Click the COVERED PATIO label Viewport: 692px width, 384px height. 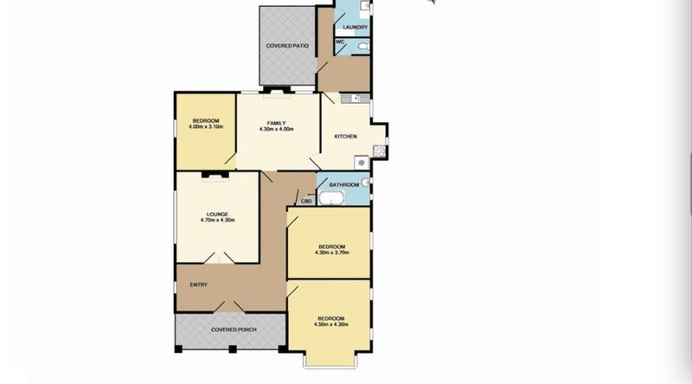[287, 46]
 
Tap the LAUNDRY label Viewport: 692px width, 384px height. [356, 28]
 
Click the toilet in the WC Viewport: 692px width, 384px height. [362, 46]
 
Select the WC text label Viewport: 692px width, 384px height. [340, 42]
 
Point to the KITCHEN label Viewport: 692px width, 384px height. [345, 137]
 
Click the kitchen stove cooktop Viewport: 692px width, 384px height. [379, 151]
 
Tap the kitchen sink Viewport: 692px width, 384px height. [355, 99]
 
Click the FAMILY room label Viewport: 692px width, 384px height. [276, 123]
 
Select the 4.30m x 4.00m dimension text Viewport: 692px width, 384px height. [276, 130]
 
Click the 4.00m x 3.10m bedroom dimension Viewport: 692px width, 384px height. [206, 126]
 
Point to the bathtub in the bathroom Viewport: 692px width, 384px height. [331, 199]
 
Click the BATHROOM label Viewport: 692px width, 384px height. [344, 185]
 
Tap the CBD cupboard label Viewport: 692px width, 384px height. [307, 202]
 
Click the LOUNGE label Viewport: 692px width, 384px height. [218, 214]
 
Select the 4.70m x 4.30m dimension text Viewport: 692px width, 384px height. [218, 220]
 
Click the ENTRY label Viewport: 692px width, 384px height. [199, 285]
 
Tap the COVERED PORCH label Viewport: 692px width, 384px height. [234, 330]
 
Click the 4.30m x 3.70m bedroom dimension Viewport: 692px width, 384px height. [332, 253]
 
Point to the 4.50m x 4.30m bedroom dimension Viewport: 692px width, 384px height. [331, 324]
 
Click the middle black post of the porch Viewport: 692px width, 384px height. [233, 349]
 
